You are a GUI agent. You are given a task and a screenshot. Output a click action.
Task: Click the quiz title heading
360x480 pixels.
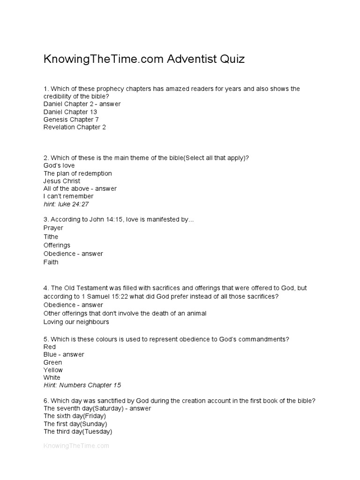click(144, 60)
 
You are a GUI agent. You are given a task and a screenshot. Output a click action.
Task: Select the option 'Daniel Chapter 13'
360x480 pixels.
click(66, 112)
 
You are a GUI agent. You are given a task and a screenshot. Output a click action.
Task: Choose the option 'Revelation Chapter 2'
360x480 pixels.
click(75, 127)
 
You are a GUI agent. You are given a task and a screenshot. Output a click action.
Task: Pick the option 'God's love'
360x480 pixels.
click(59, 165)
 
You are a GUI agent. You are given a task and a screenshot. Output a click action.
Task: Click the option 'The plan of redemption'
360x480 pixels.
click(77, 173)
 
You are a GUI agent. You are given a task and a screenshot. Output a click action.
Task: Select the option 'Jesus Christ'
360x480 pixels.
click(61, 181)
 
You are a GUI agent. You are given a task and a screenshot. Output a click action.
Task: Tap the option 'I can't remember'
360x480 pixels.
click(68, 196)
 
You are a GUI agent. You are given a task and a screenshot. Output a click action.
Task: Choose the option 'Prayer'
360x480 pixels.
click(53, 228)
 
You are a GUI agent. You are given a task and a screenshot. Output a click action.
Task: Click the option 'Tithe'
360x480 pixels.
click(51, 237)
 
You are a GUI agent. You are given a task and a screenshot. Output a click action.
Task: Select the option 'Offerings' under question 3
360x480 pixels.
click(57, 245)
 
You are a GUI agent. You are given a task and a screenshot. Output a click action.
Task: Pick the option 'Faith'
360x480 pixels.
click(51, 262)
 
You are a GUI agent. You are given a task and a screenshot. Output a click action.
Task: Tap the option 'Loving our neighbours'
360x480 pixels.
click(76, 322)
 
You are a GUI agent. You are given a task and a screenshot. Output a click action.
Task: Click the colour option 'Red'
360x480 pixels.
click(49, 347)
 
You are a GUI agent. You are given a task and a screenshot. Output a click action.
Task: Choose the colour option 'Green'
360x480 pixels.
click(52, 362)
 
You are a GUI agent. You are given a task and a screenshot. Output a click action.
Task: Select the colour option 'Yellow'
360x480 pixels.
click(53, 370)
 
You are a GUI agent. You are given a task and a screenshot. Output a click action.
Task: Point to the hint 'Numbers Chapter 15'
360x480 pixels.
click(82, 385)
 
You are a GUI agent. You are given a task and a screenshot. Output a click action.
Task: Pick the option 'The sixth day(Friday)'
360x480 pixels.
click(75, 416)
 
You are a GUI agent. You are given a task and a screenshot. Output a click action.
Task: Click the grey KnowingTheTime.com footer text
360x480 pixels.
click(76, 446)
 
